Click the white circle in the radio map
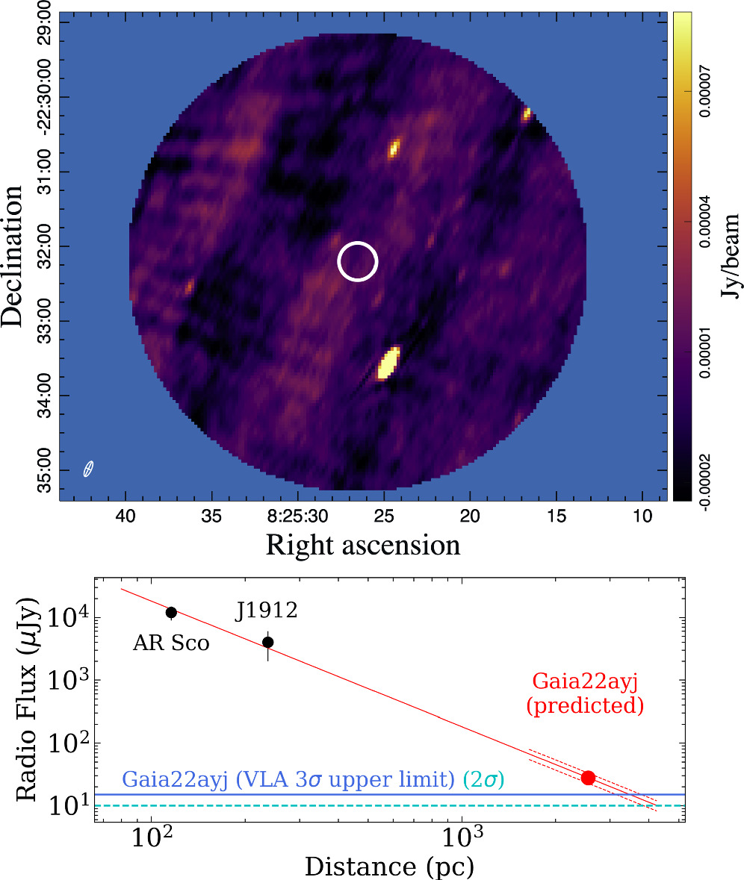tap(358, 262)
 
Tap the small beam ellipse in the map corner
tap(88, 469)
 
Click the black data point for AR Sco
tap(171, 612)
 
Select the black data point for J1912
tap(268, 642)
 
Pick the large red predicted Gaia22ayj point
tap(588, 778)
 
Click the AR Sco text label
tap(171, 643)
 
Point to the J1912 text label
tap(267, 611)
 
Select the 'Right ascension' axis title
tap(363, 545)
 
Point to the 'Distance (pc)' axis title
tap(388, 866)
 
